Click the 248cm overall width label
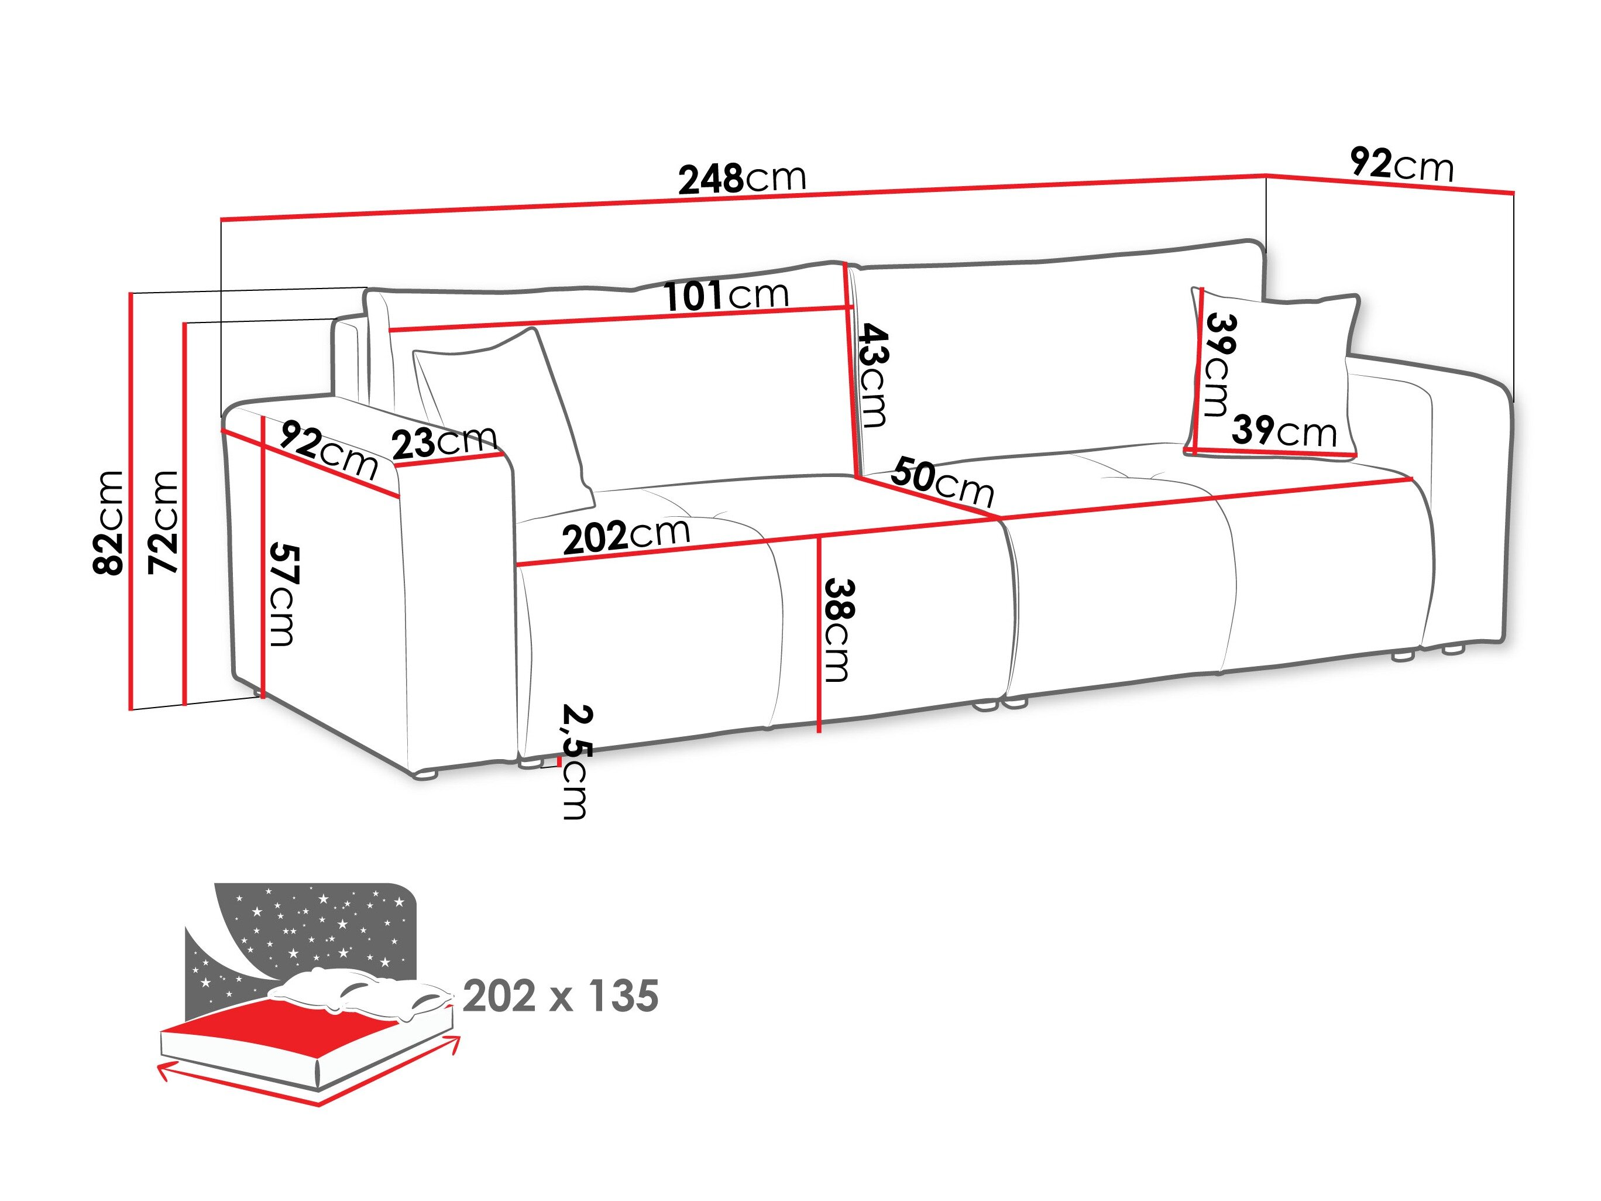point(742,178)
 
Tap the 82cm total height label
point(109,522)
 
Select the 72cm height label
point(164,522)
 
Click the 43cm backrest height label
point(872,375)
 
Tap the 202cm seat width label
point(626,535)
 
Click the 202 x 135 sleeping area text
point(561,996)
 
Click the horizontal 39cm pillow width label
point(1284,431)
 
